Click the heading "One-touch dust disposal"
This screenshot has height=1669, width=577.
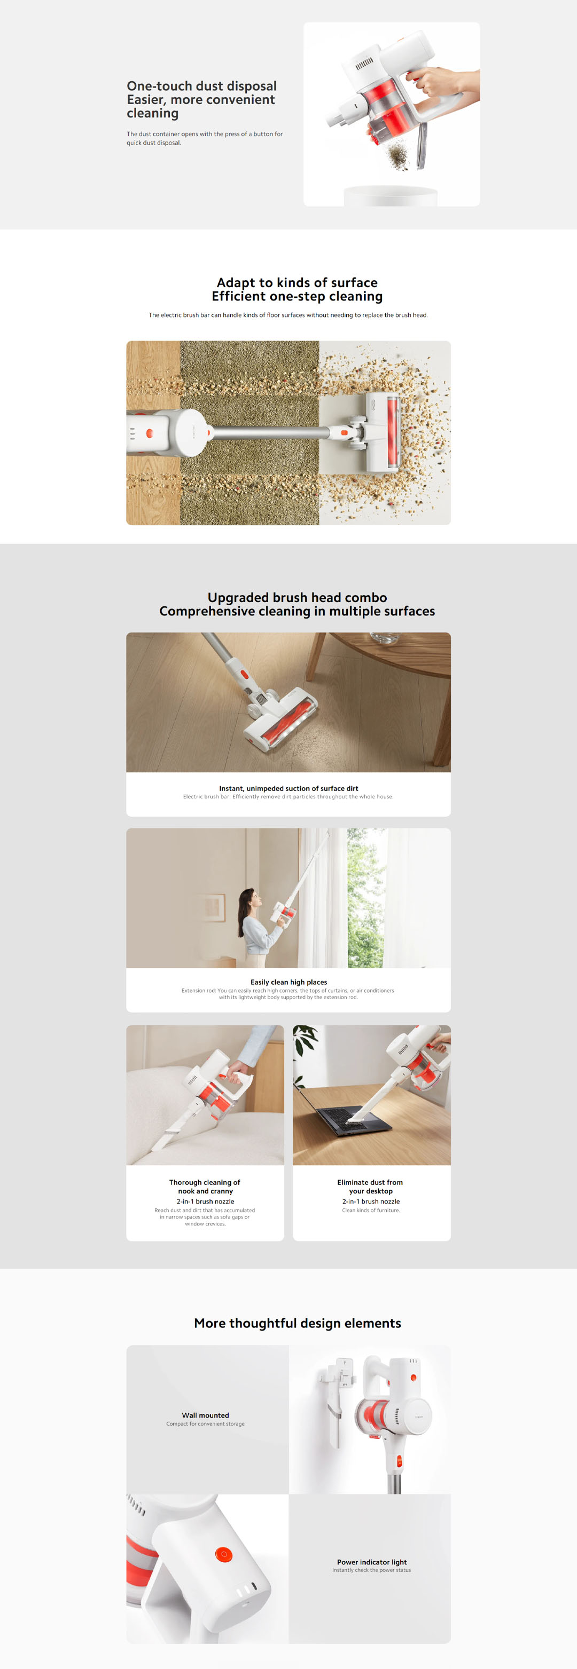[x=201, y=86]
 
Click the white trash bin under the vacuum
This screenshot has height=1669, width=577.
[x=391, y=196]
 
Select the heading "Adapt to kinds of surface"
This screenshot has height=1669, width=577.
[x=297, y=282]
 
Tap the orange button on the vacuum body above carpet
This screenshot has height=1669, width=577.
[x=150, y=433]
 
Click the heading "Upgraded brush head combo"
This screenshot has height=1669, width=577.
[x=297, y=597]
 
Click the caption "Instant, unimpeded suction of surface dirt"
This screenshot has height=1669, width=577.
[x=288, y=788]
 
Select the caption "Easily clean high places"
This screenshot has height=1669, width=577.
[x=288, y=982]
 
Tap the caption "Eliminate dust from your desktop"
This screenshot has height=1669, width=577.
[x=370, y=1187]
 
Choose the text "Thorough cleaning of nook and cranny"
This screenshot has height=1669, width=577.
[x=205, y=1187]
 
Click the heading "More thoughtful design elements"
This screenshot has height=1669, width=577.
[x=297, y=1323]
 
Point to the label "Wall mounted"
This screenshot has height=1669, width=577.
[x=206, y=1415]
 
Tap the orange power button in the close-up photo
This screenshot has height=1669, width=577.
[x=223, y=1554]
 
